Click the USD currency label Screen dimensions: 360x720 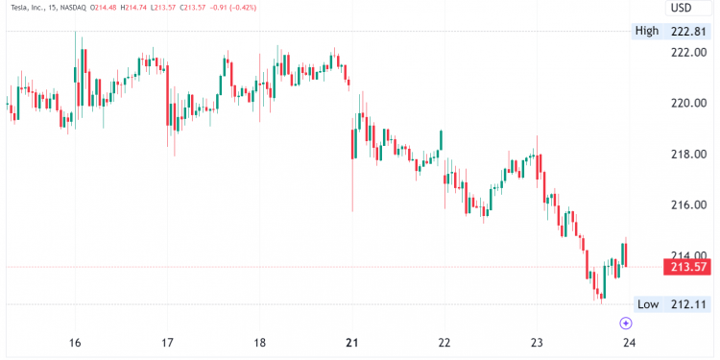click(x=681, y=8)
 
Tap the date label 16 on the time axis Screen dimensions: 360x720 click(x=75, y=343)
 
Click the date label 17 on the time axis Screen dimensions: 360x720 click(x=167, y=343)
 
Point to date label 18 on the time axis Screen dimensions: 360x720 click(x=259, y=343)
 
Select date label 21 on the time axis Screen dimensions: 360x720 click(x=351, y=343)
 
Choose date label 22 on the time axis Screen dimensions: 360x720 click(x=444, y=343)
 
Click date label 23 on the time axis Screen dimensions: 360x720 click(x=536, y=343)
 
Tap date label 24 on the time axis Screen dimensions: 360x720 click(x=629, y=343)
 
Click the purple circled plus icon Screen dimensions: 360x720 click(x=625, y=324)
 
